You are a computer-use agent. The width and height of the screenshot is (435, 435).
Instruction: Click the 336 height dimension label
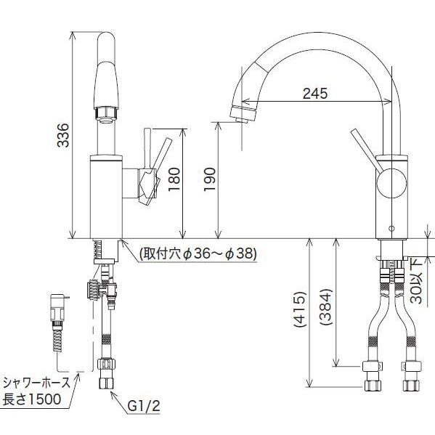(63, 135)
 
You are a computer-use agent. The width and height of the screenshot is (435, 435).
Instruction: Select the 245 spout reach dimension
(314, 93)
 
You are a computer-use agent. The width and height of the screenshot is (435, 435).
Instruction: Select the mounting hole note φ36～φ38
(190, 254)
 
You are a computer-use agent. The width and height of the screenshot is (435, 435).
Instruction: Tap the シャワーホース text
(37, 382)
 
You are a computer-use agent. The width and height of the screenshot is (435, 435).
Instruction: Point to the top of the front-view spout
(105, 44)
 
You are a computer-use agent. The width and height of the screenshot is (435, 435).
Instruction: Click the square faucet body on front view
(105, 196)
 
